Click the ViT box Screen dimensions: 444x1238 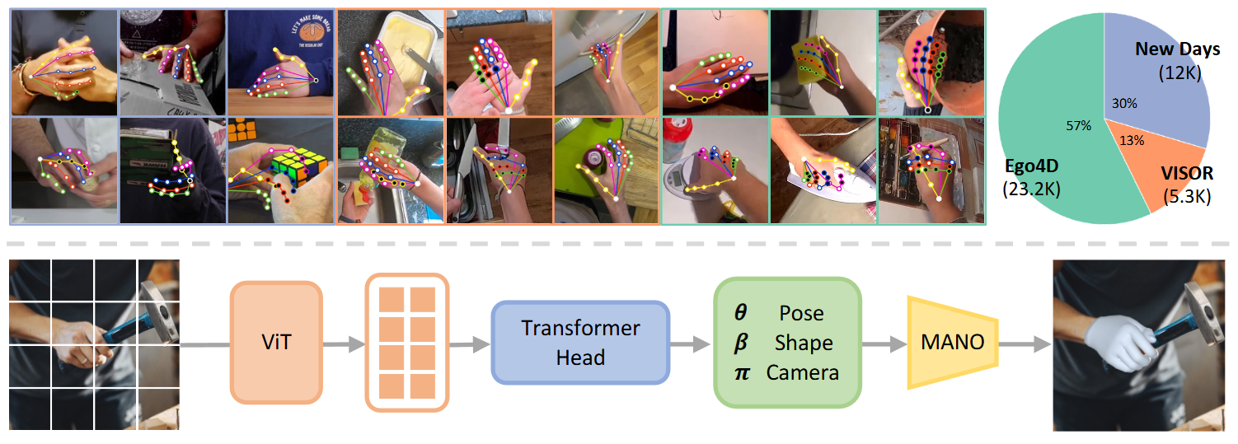(x=276, y=342)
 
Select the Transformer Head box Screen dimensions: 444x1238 (x=580, y=342)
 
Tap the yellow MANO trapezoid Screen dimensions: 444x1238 (x=953, y=342)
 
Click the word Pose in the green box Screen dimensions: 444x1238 (x=801, y=313)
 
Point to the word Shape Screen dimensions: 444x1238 (x=804, y=343)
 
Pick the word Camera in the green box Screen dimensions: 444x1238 (x=802, y=372)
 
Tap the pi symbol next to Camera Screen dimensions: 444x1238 (x=741, y=372)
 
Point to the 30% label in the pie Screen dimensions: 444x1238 (x=1123, y=104)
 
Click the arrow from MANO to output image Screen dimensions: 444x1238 (x=1025, y=342)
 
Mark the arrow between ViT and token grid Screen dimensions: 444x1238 (x=342, y=342)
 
